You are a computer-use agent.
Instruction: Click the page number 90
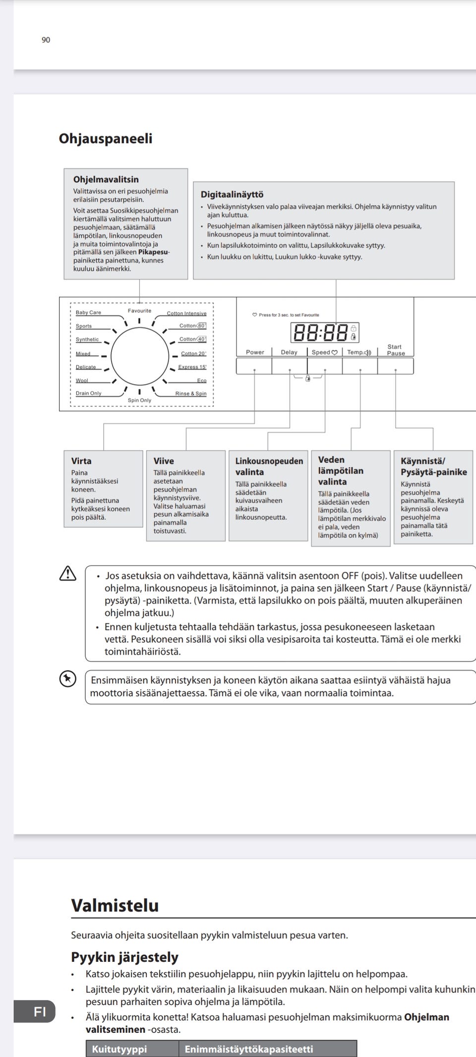pyautogui.click(x=46, y=40)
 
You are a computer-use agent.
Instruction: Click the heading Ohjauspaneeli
pyautogui.click(x=105, y=138)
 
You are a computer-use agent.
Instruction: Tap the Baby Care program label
pyautogui.click(x=88, y=313)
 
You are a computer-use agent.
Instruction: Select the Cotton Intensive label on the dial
pyautogui.click(x=186, y=313)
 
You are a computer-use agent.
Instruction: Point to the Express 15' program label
pyautogui.click(x=192, y=367)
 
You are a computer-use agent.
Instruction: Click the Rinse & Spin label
pyautogui.click(x=190, y=393)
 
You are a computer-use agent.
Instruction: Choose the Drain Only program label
pyautogui.click(x=88, y=393)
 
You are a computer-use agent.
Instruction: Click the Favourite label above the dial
pyautogui.click(x=139, y=311)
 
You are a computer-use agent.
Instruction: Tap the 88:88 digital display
pyautogui.click(x=320, y=333)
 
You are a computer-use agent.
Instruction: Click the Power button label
pyautogui.click(x=255, y=352)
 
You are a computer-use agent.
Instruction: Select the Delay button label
pyautogui.click(x=289, y=352)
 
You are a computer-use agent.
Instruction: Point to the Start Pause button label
pyautogui.click(x=395, y=350)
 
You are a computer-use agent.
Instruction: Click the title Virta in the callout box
pyautogui.click(x=81, y=461)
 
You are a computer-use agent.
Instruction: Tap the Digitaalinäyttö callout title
pyautogui.click(x=232, y=195)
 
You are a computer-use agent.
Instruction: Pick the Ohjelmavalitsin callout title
pyautogui.click(x=106, y=179)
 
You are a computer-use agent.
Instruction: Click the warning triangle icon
pyautogui.click(x=67, y=574)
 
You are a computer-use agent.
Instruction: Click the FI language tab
pyautogui.click(x=40, y=1011)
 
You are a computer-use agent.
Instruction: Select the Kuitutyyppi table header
pyautogui.click(x=119, y=1049)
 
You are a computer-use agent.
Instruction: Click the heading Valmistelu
pyautogui.click(x=115, y=905)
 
